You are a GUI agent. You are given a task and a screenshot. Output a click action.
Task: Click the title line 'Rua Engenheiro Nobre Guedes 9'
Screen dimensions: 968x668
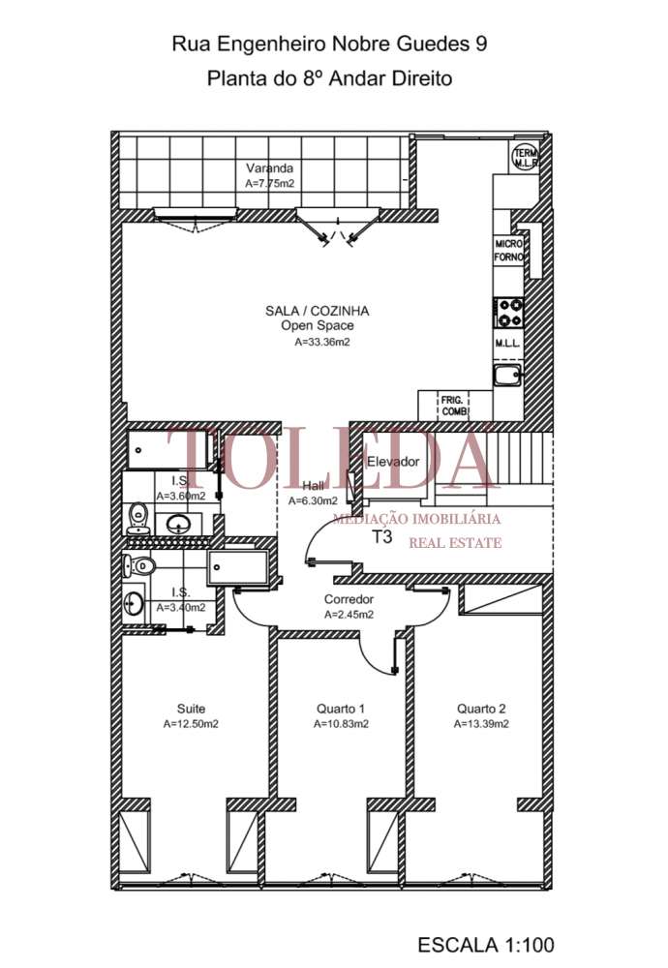(x=329, y=44)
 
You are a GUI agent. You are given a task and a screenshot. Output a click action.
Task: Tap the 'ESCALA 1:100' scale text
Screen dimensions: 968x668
(x=486, y=944)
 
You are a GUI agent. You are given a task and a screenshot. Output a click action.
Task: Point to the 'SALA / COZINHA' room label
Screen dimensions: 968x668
(x=303, y=311)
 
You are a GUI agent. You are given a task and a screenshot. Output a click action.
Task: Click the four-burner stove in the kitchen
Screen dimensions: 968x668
(x=509, y=312)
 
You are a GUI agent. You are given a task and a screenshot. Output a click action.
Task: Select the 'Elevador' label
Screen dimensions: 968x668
(x=393, y=462)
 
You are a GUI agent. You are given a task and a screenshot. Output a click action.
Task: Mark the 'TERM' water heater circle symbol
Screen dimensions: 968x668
(x=527, y=157)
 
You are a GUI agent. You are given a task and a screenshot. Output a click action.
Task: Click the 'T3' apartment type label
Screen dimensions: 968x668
(x=382, y=538)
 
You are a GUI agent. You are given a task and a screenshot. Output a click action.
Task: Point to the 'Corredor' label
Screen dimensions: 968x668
(x=349, y=599)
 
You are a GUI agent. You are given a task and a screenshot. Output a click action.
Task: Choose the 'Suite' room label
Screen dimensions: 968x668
(x=191, y=709)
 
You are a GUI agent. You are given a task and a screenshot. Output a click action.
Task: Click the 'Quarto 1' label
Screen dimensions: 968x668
(x=340, y=709)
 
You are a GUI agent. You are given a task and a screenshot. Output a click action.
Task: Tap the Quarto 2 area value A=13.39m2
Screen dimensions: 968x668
(x=483, y=723)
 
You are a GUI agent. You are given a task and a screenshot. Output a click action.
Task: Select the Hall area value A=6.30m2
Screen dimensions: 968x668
(x=313, y=500)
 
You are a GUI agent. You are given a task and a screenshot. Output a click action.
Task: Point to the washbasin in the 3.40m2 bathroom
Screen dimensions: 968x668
(x=135, y=604)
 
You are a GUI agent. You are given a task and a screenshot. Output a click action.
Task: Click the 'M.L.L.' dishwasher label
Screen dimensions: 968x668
(x=508, y=344)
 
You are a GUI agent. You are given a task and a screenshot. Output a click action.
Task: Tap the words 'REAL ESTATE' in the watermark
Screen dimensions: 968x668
(x=455, y=543)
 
